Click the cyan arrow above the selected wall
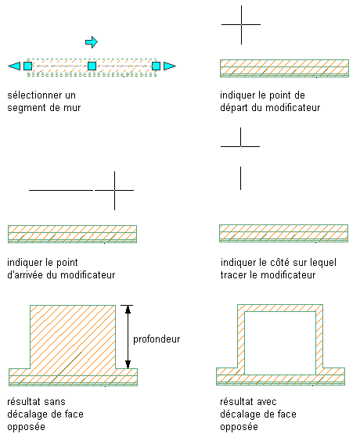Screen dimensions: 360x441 [92, 42]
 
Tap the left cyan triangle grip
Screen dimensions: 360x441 [14, 66]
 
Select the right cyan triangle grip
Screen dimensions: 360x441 [170, 66]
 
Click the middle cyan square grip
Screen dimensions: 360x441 [92, 66]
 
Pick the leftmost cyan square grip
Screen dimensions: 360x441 [27, 66]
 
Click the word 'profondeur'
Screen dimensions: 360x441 [157, 339]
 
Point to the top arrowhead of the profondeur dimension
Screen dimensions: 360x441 [128, 309]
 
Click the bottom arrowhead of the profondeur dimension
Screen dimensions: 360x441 [128, 364]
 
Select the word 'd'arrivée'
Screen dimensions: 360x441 [25, 274]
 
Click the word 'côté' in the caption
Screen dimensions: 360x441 [280, 263]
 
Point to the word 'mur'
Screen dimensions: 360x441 [72, 108]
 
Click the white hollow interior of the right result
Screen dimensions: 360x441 [280, 343]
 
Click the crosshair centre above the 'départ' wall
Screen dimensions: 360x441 [241, 25]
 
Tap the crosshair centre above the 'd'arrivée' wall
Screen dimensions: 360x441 [114, 191]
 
